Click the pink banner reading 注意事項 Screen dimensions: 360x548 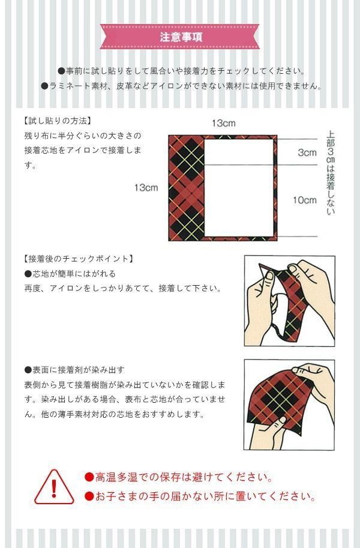179,37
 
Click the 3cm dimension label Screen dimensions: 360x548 307,152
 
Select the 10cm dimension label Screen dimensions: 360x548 305,200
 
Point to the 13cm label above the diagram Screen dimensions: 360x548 223,123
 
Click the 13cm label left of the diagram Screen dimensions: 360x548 146,188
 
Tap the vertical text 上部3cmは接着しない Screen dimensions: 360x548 330,173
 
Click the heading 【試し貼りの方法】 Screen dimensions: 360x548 58,121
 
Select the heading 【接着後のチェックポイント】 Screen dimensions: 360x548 79,259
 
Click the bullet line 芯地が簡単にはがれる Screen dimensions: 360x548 70,274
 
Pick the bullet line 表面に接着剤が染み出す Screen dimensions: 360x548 74,370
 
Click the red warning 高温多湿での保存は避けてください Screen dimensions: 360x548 179,477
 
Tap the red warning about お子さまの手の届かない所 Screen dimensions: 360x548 200,496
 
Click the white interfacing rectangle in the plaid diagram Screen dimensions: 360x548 239,188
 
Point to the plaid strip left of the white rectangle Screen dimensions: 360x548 186,188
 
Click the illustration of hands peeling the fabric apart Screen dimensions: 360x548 289,301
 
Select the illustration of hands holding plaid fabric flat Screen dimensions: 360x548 289,405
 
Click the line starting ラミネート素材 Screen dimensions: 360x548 181,86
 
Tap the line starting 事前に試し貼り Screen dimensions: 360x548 181,71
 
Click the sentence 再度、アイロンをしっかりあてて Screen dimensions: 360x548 123,288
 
